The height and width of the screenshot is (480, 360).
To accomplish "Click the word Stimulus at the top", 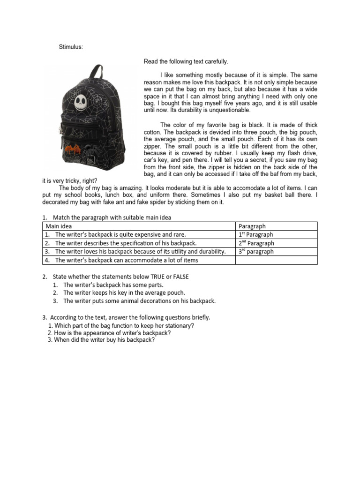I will tap(71, 47).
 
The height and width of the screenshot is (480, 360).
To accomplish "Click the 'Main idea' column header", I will tap(59, 226).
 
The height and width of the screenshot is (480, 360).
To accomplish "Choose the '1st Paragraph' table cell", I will tap(256, 234).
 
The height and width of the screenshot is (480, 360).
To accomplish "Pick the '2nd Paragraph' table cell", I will tap(256, 243).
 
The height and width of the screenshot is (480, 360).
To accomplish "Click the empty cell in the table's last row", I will tap(276, 260).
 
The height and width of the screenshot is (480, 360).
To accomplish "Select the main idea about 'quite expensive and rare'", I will tap(120, 234).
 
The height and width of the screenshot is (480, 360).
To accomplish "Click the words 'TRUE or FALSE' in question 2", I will tap(167, 277).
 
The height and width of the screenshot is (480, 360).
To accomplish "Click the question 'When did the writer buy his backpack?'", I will tap(101, 340).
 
